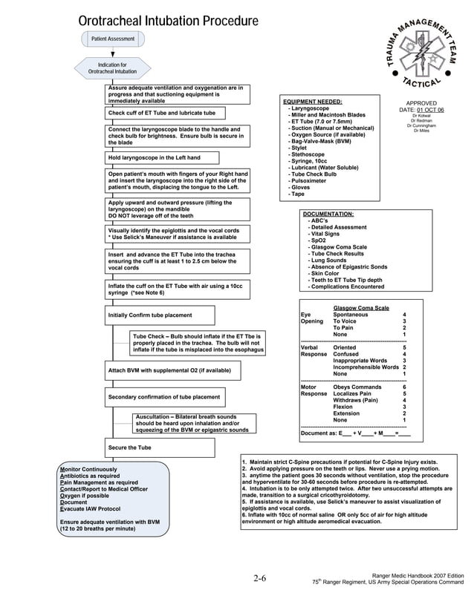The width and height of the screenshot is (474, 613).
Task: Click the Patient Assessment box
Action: pyautogui.click(x=113, y=39)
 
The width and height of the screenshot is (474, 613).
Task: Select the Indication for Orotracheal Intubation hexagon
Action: pyautogui.click(x=113, y=68)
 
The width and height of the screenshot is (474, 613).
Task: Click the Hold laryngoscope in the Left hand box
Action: pyautogui.click(x=163, y=158)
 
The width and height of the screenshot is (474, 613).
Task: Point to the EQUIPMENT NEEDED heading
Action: pyautogui.click(x=313, y=102)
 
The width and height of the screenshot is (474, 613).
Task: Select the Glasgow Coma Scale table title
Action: pyautogui.click(x=360, y=308)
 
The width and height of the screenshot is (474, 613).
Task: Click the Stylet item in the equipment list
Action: pyautogui.click(x=298, y=148)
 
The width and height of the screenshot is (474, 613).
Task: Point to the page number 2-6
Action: pyautogui.click(x=259, y=578)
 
